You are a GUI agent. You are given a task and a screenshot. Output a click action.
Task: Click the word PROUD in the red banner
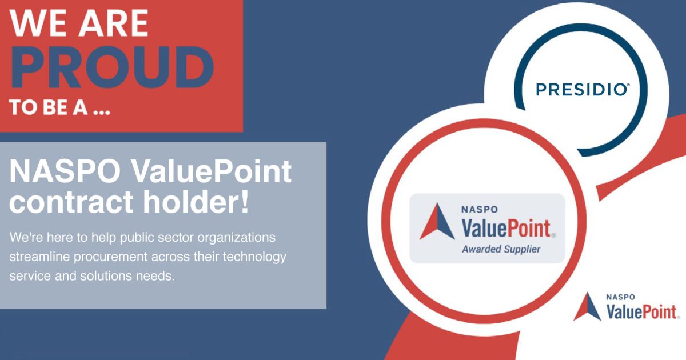(x=112, y=68)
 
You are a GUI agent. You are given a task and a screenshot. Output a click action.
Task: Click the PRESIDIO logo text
(x=583, y=89)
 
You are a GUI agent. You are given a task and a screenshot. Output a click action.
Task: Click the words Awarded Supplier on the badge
(x=501, y=249)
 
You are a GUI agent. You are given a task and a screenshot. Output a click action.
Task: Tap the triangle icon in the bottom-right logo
(x=587, y=307)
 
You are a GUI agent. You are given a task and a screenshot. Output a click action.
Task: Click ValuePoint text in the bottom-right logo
(x=641, y=312)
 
